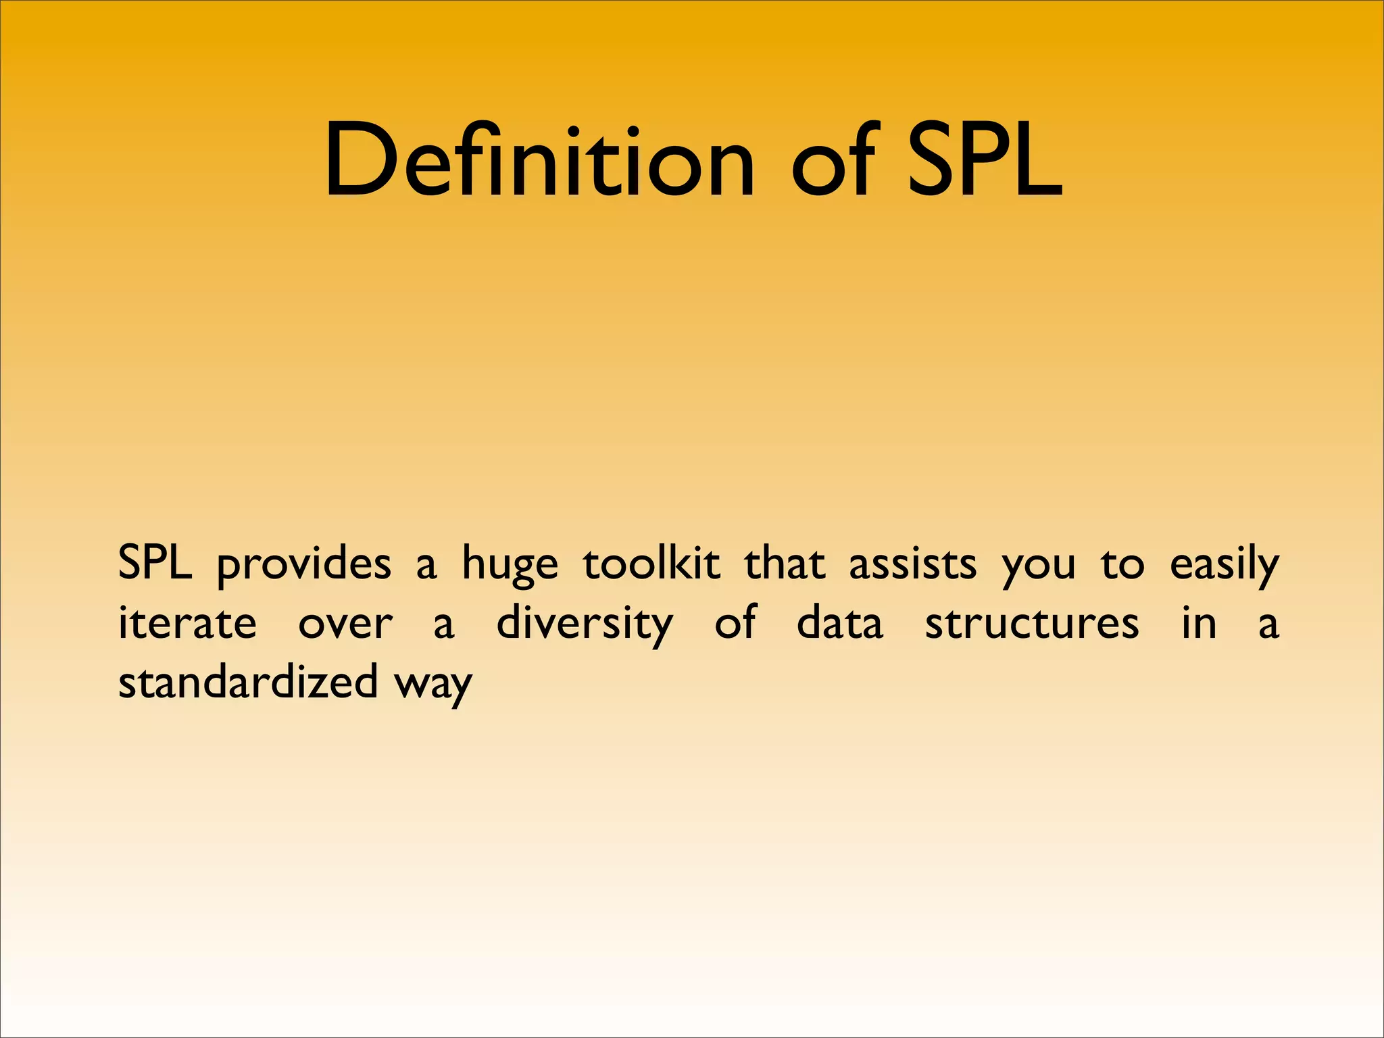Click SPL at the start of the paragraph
155,564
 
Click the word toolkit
651,564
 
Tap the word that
784,564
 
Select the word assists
912,564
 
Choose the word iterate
187,623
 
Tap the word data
839,623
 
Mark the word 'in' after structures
1199,623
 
